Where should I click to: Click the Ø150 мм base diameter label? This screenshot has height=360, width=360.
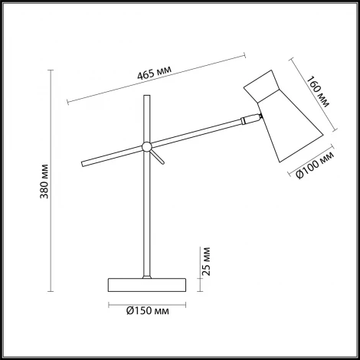click(x=146, y=310)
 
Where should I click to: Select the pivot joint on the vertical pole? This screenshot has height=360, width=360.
click(x=146, y=146)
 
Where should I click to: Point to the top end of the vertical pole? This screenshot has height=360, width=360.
click(x=146, y=97)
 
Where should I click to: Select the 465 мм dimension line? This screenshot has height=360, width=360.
click(x=156, y=79)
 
